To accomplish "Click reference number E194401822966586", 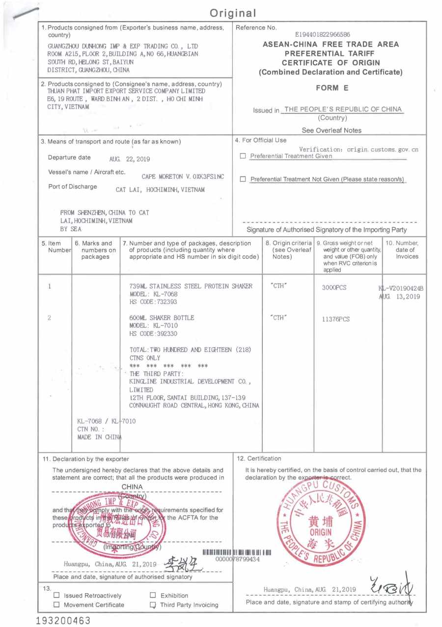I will (x=323, y=35).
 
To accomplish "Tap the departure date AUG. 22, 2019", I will (x=130, y=159).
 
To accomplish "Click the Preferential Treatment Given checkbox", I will (x=243, y=157).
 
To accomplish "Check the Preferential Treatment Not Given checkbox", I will (x=243, y=179).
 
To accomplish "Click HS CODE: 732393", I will (x=153, y=301).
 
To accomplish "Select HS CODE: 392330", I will (x=153, y=333).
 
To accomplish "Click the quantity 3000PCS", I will (x=334, y=288).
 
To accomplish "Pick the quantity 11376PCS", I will (x=336, y=319).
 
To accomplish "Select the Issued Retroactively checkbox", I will (x=56, y=596).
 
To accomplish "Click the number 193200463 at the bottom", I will (x=63, y=620).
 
